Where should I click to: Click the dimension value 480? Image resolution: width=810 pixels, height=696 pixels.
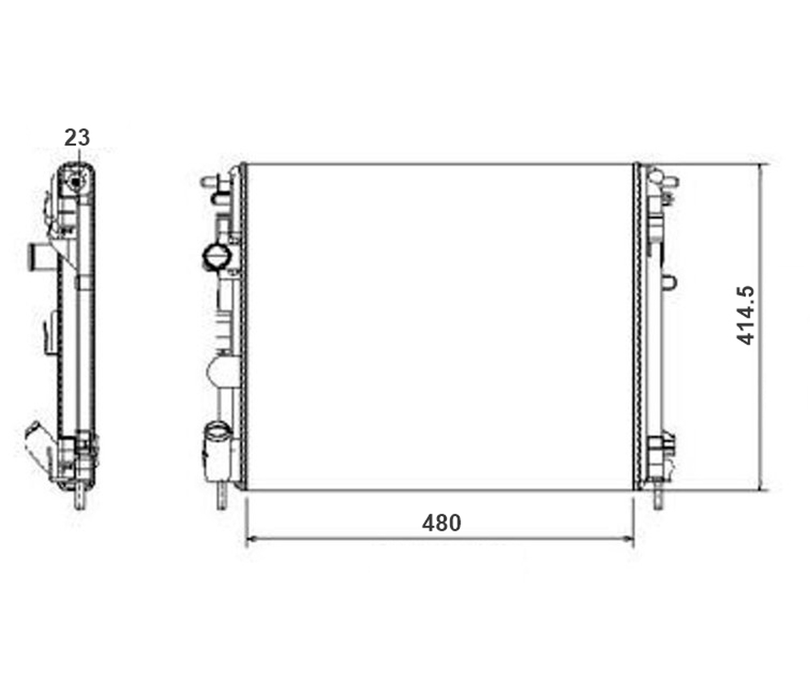[x=441, y=523]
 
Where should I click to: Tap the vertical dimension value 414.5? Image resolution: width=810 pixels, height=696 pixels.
[x=745, y=315]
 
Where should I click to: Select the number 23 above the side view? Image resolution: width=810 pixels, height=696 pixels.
[x=77, y=138]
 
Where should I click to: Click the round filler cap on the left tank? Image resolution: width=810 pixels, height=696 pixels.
[x=216, y=257]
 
